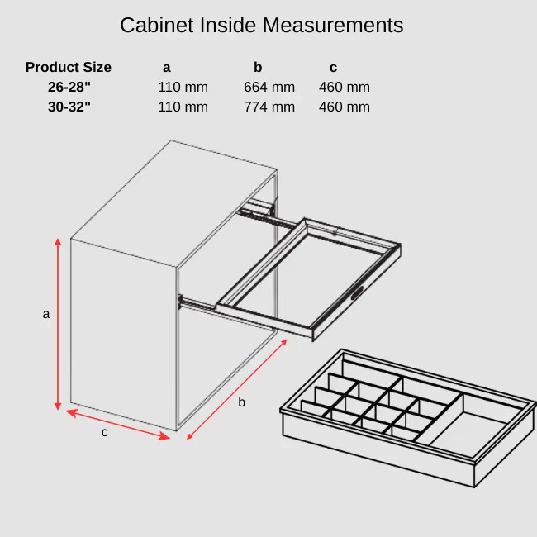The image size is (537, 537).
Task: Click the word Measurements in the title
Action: tap(332, 25)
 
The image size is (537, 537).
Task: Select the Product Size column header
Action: tap(69, 68)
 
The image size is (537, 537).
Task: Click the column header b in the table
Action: tap(258, 68)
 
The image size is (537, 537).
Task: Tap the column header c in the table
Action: tap(333, 68)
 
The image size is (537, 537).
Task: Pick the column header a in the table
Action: tap(167, 68)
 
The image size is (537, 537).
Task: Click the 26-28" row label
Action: tap(69, 87)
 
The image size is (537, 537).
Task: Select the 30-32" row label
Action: tap(69, 107)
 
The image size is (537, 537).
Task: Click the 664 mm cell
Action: tap(269, 87)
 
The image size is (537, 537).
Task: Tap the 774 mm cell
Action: tap(269, 107)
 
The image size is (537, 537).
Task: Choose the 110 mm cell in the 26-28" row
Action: tap(183, 87)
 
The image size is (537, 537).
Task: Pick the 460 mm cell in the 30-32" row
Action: tap(345, 107)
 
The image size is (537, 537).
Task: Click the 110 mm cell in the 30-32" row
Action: tap(183, 107)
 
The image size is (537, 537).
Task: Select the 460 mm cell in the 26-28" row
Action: tap(345, 87)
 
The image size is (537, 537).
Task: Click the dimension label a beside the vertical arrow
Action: tap(46, 314)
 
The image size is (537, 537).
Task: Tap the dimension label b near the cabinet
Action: tap(242, 402)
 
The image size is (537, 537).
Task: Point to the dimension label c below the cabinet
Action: tap(105, 432)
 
